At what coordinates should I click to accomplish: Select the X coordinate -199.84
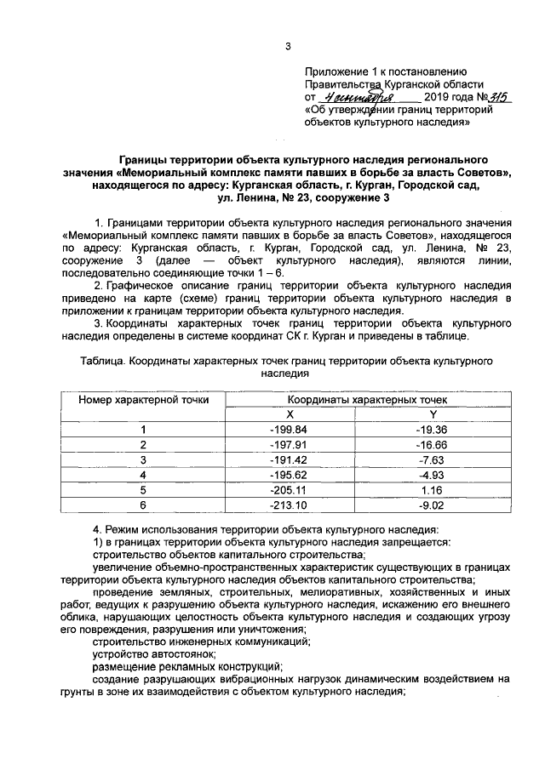(287, 429)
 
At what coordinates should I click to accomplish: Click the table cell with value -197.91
(287, 444)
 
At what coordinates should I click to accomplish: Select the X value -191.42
(287, 459)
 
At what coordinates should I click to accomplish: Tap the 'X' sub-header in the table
(289, 413)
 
